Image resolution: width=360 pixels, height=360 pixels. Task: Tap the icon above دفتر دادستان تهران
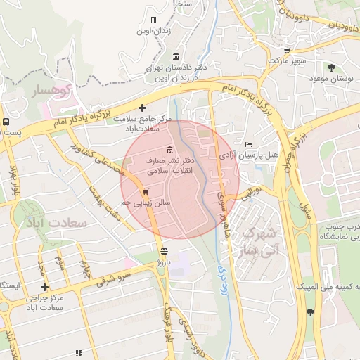pyautogui.click(x=175, y=57)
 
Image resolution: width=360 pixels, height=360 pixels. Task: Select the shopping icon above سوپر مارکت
pyautogui.click(x=286, y=51)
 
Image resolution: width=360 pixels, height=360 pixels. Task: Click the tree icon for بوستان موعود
pyautogui.click(x=330, y=67)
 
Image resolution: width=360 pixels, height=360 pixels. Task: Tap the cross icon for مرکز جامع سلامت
pyautogui.click(x=143, y=108)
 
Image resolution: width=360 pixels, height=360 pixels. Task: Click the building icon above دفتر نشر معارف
pyautogui.click(x=169, y=150)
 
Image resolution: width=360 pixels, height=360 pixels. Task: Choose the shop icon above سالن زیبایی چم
pyautogui.click(x=146, y=192)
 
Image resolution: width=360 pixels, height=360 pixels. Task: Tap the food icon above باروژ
pyautogui.click(x=164, y=251)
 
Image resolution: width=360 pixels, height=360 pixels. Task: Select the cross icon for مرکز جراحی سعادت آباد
pyautogui.click(x=45, y=287)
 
